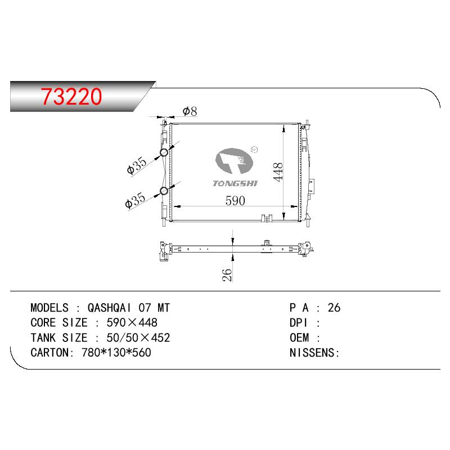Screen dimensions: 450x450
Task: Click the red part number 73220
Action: pyautogui.click(x=71, y=96)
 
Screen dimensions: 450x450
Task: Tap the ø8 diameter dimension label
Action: pyautogui.click(x=190, y=111)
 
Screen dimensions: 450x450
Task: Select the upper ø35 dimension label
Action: pyautogui.click(x=137, y=165)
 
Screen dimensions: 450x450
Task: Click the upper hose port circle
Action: pyautogui.click(x=164, y=152)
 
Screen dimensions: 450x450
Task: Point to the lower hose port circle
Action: pyautogui.click(x=164, y=191)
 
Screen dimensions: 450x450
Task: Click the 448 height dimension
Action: pyautogui.click(x=278, y=172)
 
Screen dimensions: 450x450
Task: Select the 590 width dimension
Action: pyautogui.click(x=235, y=201)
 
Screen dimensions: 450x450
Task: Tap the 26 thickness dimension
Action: pyautogui.click(x=227, y=274)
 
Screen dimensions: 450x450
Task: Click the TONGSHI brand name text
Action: pyautogui.click(x=235, y=183)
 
